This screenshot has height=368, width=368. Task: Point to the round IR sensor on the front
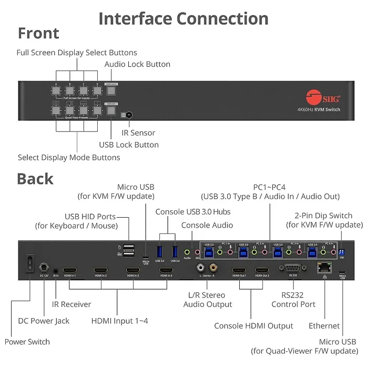pos(129,115)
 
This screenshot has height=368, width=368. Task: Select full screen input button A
pos(56,90)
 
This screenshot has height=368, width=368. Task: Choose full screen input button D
pos(97,90)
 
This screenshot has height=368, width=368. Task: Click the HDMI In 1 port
pos(69,270)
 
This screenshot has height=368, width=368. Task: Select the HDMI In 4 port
pos(166,270)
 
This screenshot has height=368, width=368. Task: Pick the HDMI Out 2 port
pos(262,270)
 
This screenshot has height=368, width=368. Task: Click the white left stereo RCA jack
pos(201,268)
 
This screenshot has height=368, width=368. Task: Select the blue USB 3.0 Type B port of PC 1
pos(209,253)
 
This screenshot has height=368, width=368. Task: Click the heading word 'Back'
pos(35,179)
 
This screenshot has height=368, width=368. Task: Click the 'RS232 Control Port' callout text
pos(293,300)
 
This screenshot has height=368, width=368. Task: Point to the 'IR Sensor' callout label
pos(138,133)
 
